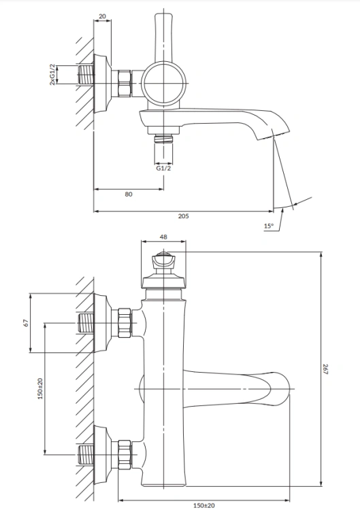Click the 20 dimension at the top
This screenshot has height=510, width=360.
(102, 16)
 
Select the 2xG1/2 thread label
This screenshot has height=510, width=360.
(52, 73)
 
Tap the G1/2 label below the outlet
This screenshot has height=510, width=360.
(162, 169)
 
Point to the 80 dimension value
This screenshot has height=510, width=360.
(128, 194)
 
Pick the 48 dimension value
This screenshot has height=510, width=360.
(163, 237)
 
